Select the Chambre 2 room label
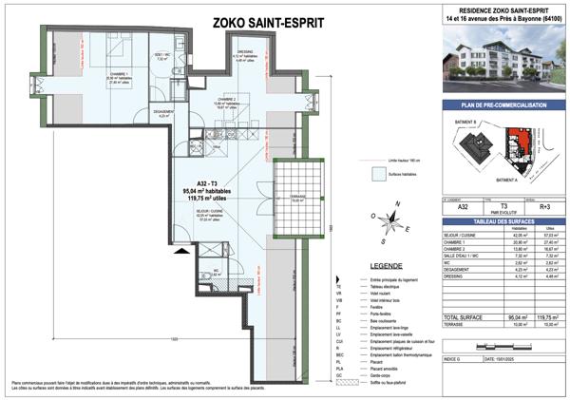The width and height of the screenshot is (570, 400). click(x=224, y=99)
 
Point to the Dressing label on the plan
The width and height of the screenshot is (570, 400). click(x=244, y=53)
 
